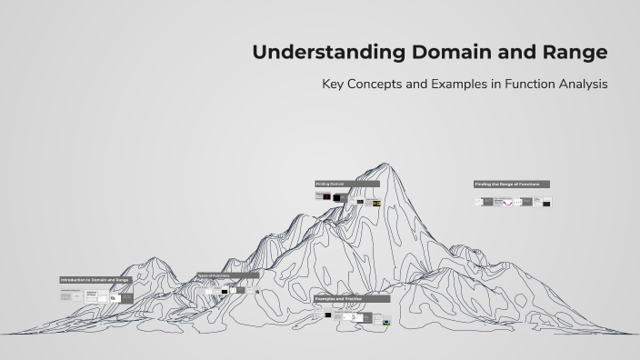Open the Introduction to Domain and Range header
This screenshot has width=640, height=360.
[x=95, y=280]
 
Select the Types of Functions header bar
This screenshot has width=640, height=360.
[x=227, y=275]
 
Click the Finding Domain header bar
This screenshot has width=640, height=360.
[x=346, y=184]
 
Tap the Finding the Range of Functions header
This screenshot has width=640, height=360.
[x=511, y=184]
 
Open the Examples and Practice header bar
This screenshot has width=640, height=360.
[x=352, y=298]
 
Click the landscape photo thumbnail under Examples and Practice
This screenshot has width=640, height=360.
[x=386, y=321]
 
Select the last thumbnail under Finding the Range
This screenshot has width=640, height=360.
[x=546, y=202]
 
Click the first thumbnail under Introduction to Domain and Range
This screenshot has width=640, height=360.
[x=66, y=296]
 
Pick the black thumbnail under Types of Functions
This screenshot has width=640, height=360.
[x=225, y=291]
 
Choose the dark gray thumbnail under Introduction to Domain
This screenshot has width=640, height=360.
[x=126, y=297]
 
